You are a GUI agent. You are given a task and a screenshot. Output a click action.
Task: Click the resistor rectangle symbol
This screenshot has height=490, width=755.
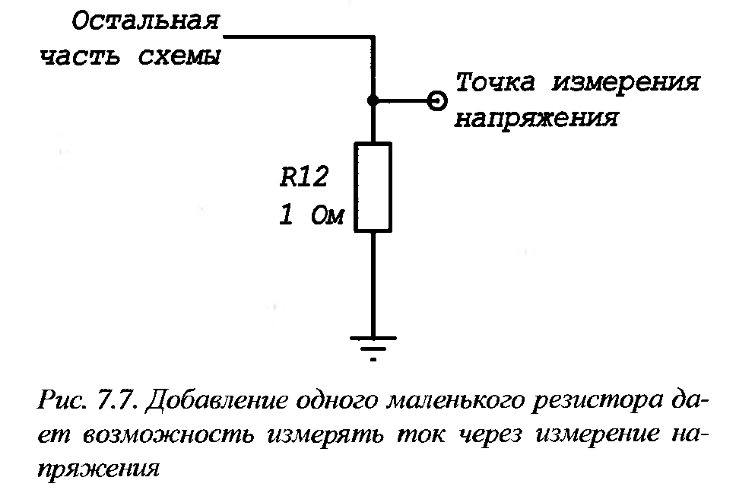373,186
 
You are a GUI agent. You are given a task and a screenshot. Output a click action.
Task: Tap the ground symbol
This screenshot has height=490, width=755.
373,347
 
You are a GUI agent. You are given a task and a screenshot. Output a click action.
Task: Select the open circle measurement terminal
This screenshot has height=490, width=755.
436,100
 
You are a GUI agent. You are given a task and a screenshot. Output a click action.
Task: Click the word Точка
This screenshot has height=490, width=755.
497,82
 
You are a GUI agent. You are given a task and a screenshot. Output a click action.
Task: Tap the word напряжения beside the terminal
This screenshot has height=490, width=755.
535,119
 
